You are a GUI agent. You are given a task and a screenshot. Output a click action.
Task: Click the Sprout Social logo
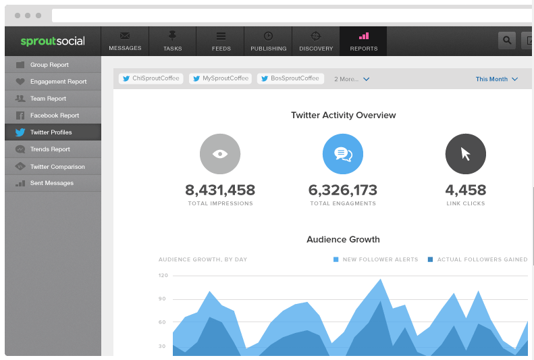click(53, 41)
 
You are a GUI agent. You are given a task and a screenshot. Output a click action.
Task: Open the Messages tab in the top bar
click(125, 41)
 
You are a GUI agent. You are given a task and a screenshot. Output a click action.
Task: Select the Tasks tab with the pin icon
click(172, 41)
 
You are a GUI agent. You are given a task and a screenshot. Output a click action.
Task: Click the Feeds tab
click(221, 41)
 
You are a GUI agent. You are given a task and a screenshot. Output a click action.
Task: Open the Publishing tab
click(268, 41)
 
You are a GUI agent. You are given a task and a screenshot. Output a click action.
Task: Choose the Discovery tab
click(316, 41)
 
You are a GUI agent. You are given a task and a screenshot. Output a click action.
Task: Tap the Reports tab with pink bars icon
click(363, 41)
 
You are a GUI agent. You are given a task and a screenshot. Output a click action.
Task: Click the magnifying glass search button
click(506, 41)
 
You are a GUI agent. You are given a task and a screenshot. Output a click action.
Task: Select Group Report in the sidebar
click(49, 65)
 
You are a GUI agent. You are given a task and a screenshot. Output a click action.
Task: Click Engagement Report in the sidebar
click(58, 82)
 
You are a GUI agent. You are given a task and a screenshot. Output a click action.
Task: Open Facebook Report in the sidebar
click(55, 115)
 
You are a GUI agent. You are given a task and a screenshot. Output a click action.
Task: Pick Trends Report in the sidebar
click(50, 149)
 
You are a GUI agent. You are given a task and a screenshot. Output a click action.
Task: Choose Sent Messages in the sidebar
click(52, 183)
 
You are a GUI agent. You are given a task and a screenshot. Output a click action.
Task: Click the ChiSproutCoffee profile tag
click(151, 78)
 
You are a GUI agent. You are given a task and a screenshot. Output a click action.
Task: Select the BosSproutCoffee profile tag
click(290, 78)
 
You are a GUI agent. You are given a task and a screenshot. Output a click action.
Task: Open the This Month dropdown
click(496, 79)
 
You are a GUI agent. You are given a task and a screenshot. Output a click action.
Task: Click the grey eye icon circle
click(220, 154)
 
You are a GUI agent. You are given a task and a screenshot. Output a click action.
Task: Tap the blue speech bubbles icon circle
click(343, 154)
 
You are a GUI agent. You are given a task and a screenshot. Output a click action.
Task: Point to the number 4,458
click(466, 190)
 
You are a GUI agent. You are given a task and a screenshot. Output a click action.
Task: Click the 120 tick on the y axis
click(163, 276)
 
